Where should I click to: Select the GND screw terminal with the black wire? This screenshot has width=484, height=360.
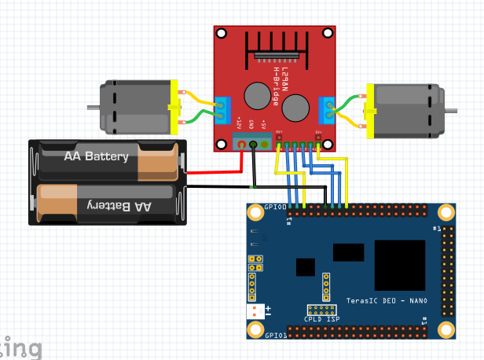(x=253, y=144)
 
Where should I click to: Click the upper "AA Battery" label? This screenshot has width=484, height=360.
(x=96, y=156)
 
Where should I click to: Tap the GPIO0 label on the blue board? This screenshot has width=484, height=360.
(x=274, y=207)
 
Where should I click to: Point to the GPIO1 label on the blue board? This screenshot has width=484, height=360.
(x=274, y=335)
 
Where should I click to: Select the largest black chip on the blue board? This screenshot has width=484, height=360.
(x=399, y=265)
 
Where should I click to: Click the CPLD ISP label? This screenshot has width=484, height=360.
(x=321, y=320)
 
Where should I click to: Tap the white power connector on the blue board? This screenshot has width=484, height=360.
(x=255, y=311)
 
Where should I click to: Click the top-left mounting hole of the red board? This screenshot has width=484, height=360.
(x=222, y=34)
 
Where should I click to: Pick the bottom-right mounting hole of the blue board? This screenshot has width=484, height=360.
(x=446, y=329)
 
